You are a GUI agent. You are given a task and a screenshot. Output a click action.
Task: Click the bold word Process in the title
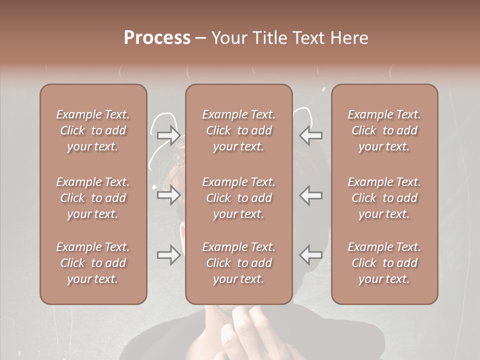[157, 38]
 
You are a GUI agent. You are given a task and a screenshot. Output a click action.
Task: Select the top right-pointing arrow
[169, 135]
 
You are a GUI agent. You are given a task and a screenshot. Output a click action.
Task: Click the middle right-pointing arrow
[169, 195]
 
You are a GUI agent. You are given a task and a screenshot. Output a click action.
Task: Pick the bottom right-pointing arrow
[169, 255]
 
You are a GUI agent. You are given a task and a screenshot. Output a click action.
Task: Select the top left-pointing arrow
[310, 135]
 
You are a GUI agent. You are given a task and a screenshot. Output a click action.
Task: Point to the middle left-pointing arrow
[310, 195]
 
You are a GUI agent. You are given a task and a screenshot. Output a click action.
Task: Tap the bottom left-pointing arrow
[310, 255]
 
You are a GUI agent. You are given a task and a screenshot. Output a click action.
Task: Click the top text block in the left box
[93, 130]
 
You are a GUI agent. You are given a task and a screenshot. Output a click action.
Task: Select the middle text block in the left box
[93, 198]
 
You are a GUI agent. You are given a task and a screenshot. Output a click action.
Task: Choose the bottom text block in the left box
[93, 263]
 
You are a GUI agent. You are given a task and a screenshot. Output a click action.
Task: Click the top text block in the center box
[238, 130]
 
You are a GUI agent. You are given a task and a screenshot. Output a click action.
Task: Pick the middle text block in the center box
[238, 198]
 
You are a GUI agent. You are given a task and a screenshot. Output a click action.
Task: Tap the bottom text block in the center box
[238, 263]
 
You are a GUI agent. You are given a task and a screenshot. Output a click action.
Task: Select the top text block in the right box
[384, 130]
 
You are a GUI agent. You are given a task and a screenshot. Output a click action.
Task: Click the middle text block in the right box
[384, 198]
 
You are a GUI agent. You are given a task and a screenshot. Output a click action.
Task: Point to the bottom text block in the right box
[384, 263]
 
